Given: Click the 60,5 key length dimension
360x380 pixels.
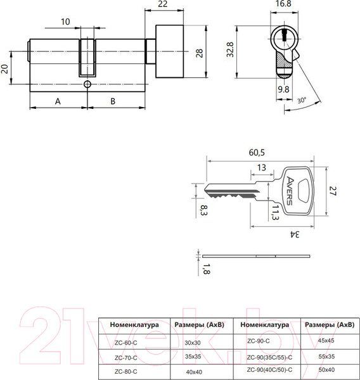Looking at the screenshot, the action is (257, 153).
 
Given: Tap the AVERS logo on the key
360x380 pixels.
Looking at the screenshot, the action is (290, 191).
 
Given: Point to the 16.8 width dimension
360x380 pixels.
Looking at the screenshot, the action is (283, 4).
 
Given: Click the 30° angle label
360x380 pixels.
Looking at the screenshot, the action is (302, 100).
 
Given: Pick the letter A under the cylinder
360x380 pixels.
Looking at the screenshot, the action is (58, 101).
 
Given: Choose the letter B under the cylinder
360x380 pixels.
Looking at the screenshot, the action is (113, 101).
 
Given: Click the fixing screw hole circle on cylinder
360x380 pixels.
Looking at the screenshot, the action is (87, 84).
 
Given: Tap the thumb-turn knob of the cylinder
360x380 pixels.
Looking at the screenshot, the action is (170, 51).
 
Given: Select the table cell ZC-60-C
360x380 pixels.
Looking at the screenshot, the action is (126, 343).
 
